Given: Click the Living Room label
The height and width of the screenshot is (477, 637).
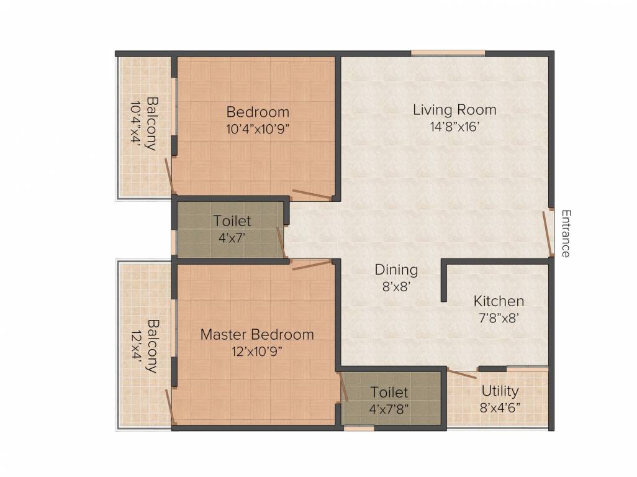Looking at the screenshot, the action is tap(454, 110).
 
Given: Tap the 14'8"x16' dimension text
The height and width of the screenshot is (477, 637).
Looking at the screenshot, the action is tap(455, 127).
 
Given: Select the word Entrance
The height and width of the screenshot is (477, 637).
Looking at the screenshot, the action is tap(566, 234).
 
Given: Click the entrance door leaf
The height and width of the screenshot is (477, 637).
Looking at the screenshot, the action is tap(548, 234).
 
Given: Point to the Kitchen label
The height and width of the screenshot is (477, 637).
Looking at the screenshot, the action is tap(499, 301).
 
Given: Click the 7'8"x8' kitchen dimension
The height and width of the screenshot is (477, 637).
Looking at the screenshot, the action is tap(499, 318).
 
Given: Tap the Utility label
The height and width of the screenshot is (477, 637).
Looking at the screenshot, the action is tap(500, 391).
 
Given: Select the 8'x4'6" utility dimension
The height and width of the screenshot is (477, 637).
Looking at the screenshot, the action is tap(500, 407).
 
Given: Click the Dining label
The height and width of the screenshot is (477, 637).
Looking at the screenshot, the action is tap(396, 270).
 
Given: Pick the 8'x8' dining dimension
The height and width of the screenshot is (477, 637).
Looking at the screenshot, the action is tap(397, 287).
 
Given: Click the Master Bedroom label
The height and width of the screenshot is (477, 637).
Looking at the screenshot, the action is tap(257, 334).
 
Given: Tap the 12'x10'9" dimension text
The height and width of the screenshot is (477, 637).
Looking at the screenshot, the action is tap(257, 351).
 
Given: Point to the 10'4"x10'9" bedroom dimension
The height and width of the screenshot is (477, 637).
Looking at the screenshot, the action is tap(258, 129).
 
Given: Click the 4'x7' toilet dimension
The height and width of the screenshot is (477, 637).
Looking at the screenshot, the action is tap(232, 238).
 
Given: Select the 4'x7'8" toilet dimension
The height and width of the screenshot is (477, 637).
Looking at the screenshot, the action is tap(389, 409).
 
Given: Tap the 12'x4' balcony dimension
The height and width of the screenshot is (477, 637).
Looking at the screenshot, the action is tap(137, 345).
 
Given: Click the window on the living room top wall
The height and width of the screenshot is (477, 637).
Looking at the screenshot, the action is tap(448, 53).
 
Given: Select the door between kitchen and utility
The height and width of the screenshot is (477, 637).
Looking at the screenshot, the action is tap(462, 373).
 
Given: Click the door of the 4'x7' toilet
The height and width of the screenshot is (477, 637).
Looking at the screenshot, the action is tap(282, 243).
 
